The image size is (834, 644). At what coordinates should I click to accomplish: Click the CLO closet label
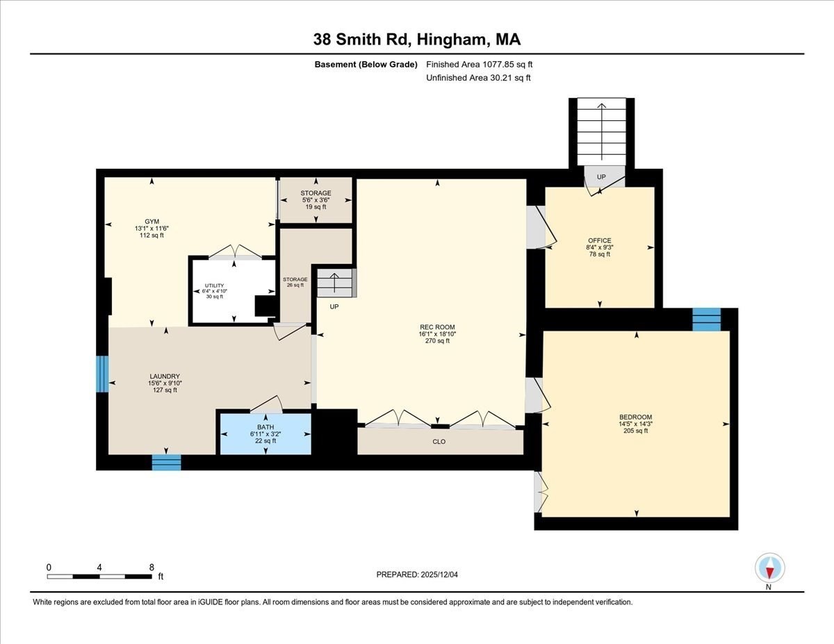click(439, 442)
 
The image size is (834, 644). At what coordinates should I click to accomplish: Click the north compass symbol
click(769, 568)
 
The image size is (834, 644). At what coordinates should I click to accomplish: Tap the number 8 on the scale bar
click(152, 567)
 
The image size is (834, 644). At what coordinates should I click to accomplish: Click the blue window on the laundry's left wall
click(102, 374)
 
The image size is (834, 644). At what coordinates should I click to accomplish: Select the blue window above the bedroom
click(706, 319)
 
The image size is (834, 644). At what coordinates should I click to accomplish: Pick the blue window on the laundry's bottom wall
click(166, 462)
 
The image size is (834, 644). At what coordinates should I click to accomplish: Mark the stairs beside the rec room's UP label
click(335, 283)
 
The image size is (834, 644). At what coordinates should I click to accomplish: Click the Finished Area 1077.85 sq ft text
click(480, 65)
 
